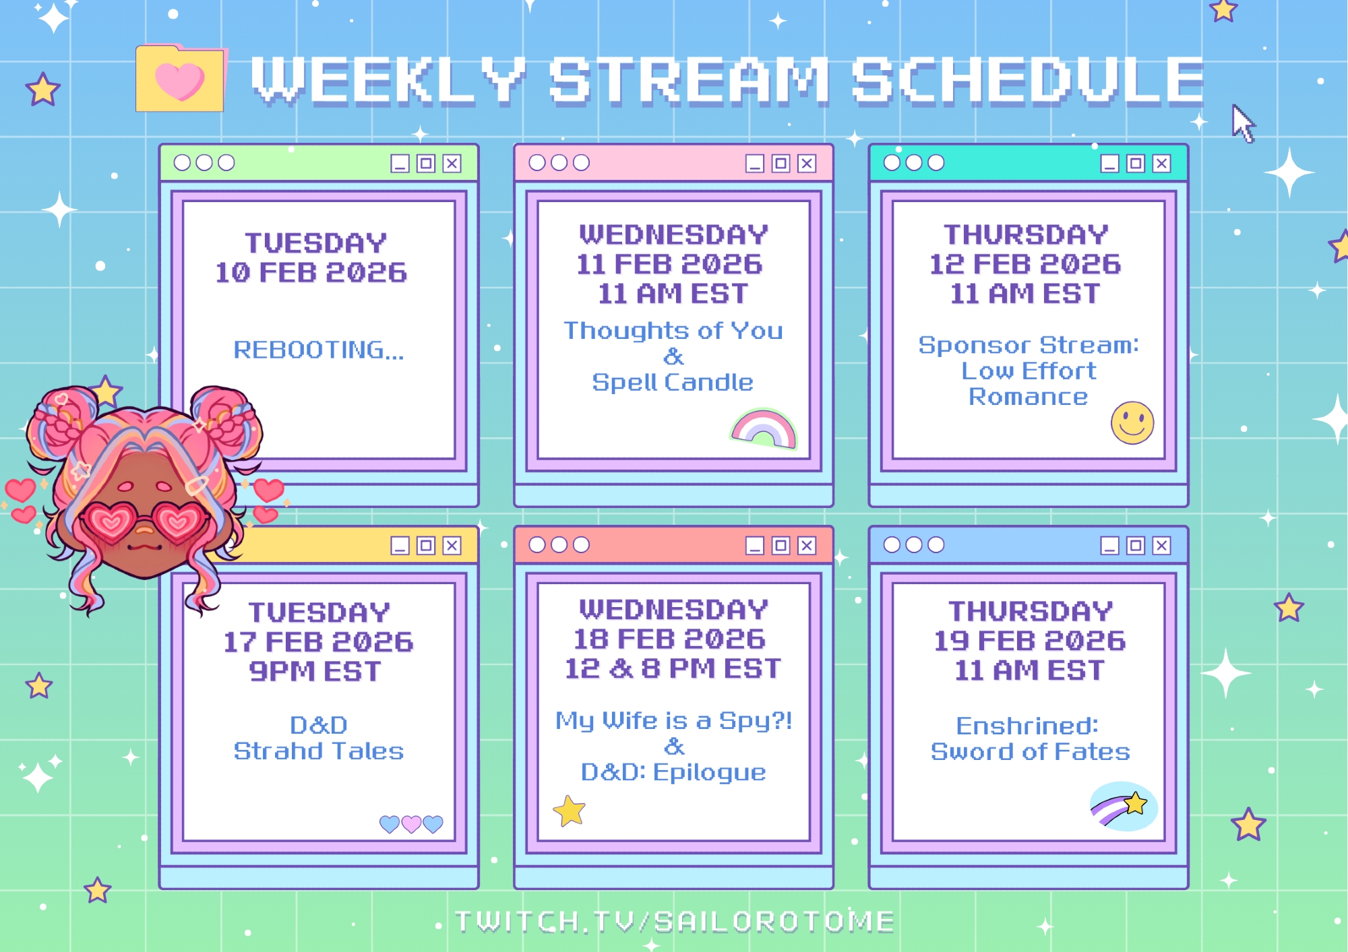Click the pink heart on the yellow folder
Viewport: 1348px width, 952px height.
pos(179,82)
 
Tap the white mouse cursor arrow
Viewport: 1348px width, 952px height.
pos(1242,123)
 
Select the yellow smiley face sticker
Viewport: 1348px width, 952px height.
pos(1132,423)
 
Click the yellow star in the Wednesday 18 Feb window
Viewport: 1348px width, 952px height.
pos(570,811)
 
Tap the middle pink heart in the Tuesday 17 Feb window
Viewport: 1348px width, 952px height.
pos(411,824)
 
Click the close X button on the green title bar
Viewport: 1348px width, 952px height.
pos(452,164)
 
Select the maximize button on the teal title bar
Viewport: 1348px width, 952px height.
pos(1136,163)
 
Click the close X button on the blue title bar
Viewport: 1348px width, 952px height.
pos(1161,545)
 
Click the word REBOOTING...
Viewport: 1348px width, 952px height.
pos(319,350)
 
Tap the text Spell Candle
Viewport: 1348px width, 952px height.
pos(673,382)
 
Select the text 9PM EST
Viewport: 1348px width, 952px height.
pos(315,671)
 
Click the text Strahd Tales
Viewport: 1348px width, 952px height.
pos(319,751)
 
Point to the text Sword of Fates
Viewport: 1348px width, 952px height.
pos(1030,751)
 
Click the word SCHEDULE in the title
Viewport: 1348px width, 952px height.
pos(1028,80)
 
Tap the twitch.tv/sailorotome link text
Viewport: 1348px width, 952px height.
pos(675,921)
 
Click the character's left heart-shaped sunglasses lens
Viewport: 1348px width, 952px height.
pos(110,520)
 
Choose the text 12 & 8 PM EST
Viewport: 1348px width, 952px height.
pos(673,668)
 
